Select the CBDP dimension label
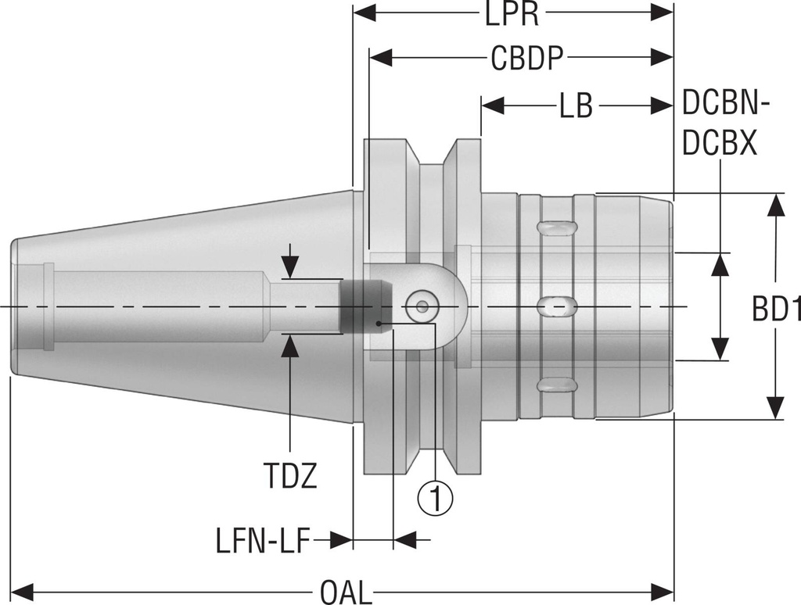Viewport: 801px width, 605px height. pos(529,59)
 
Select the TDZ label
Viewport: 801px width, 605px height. pos(290,476)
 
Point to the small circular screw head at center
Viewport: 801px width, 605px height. pos(422,307)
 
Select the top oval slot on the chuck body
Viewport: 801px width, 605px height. pos(558,227)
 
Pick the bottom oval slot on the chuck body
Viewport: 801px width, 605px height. pos(558,385)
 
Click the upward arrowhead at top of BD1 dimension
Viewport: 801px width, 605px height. pos(775,204)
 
